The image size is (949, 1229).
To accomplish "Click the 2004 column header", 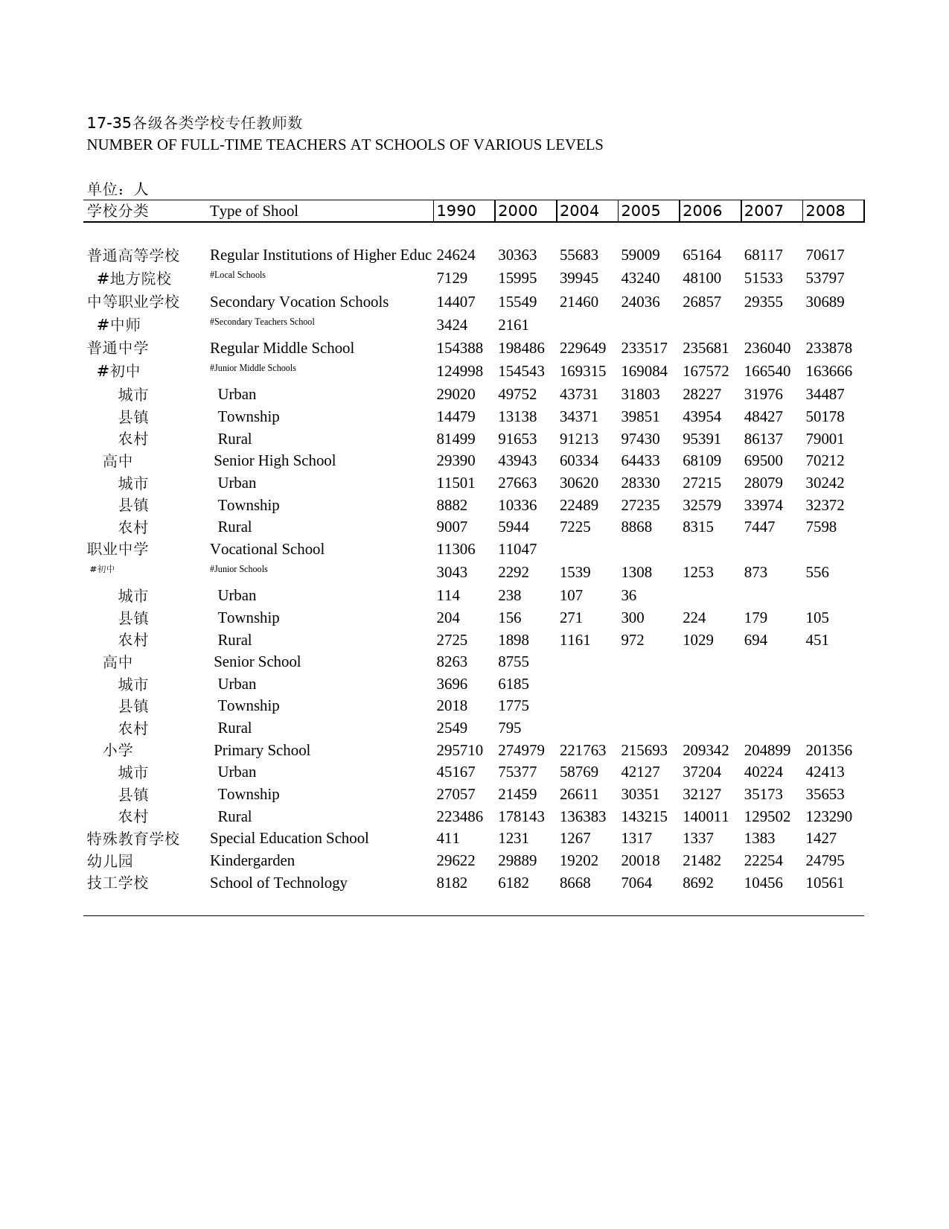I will coord(579,211).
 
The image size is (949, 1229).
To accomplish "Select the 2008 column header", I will coord(825,211).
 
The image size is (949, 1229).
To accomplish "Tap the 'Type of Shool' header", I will coord(254,211).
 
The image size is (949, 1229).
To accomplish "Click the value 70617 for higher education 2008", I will coord(825,255).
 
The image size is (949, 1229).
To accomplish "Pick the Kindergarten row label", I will coord(252,860).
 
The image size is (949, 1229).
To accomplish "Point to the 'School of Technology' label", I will coord(278,883).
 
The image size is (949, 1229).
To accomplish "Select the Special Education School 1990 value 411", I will coord(448,838).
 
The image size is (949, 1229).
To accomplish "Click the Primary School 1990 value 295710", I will coord(459,750).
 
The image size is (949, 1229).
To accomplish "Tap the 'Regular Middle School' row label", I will coord(282,348).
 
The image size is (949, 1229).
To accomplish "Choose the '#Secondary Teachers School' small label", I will coord(262,322).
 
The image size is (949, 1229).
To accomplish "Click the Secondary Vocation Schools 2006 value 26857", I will coord(702,302).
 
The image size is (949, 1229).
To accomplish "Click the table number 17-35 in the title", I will coord(109,123).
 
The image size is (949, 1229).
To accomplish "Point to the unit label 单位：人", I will coord(118,189).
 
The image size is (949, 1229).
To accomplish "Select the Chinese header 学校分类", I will coord(118,211).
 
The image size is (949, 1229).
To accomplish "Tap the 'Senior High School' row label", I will coord(275,460).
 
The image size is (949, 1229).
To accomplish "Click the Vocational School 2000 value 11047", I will coord(517,549).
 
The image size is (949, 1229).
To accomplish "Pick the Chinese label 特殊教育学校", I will coord(133,838).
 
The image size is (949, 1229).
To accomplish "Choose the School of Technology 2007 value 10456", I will coord(764,883).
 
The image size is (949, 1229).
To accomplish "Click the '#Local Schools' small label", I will coord(237,275).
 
